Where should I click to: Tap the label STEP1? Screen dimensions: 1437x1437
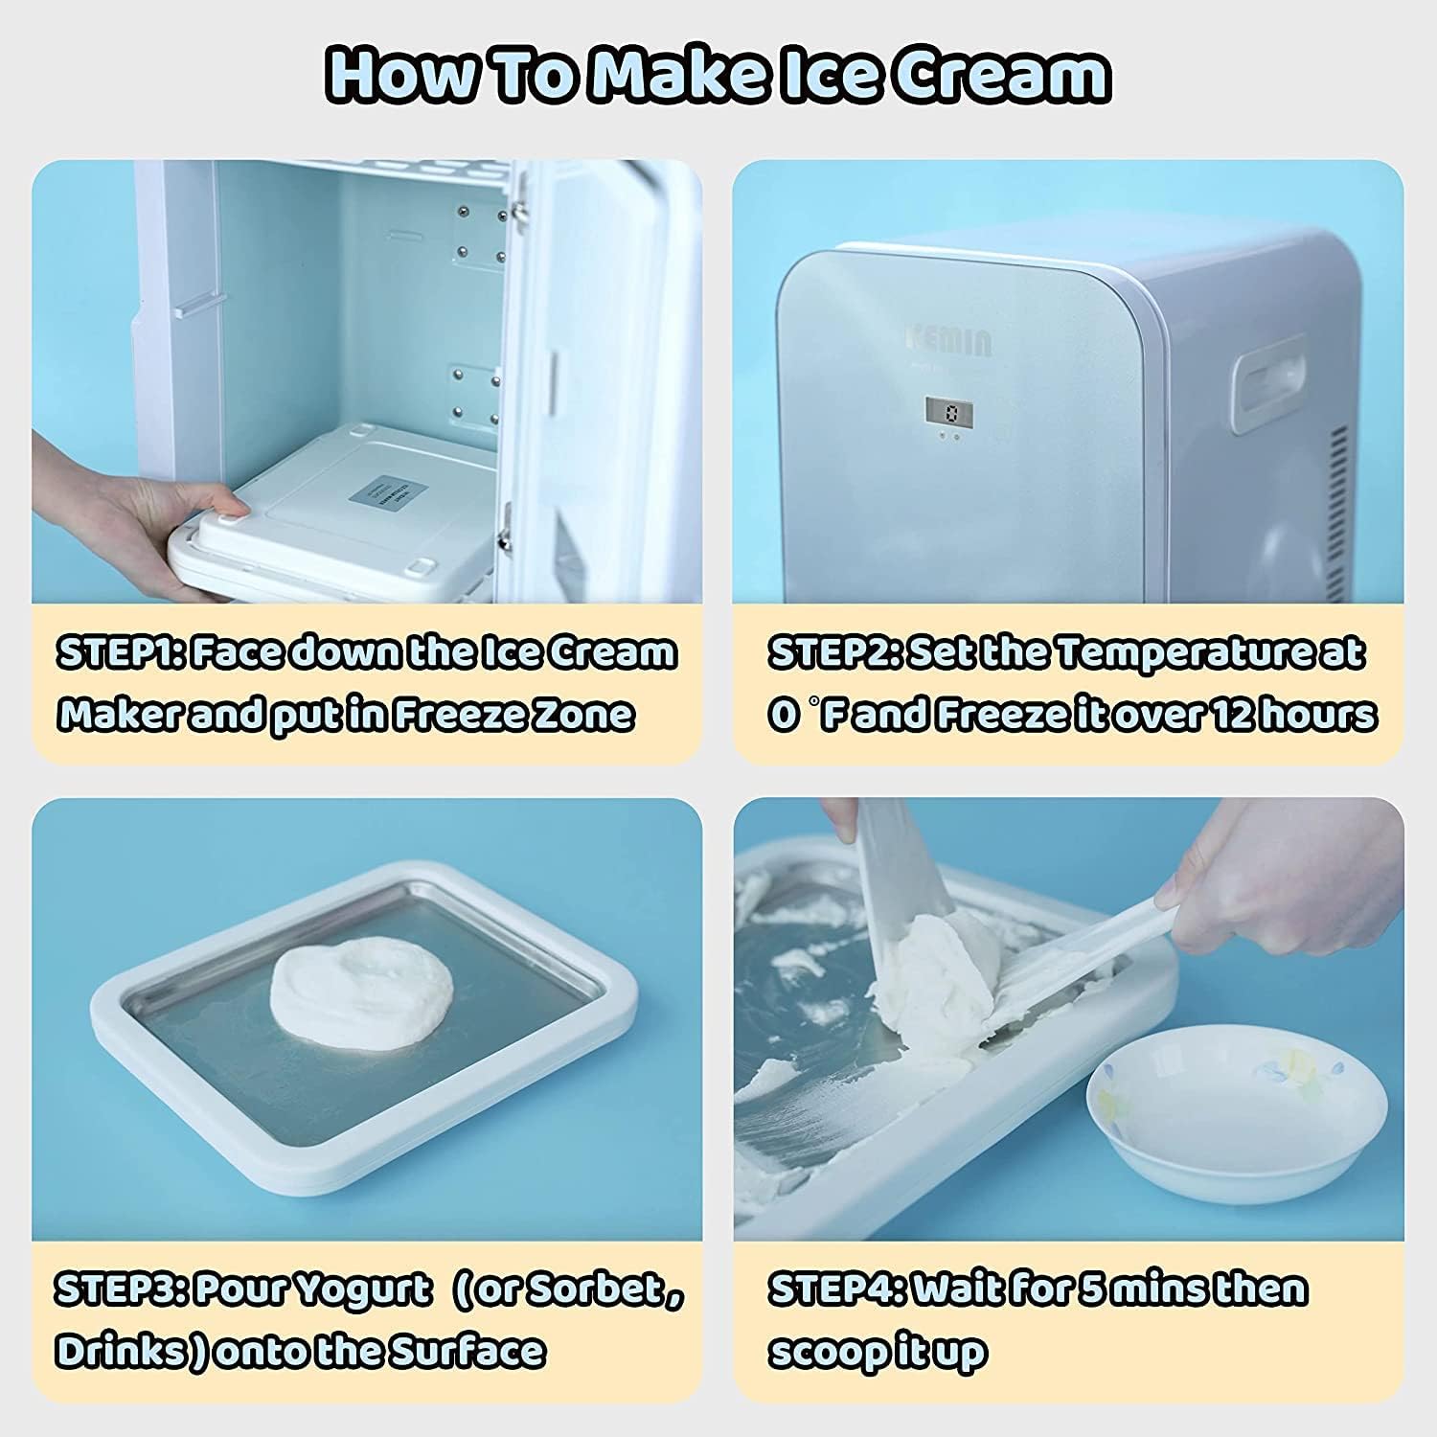pyautogui.click(x=121, y=653)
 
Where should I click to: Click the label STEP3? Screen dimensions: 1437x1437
pyautogui.click(x=121, y=1290)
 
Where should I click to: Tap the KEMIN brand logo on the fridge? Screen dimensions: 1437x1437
pyautogui.click(x=950, y=341)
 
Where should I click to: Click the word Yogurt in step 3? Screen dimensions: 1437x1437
pyautogui.click(x=363, y=1290)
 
